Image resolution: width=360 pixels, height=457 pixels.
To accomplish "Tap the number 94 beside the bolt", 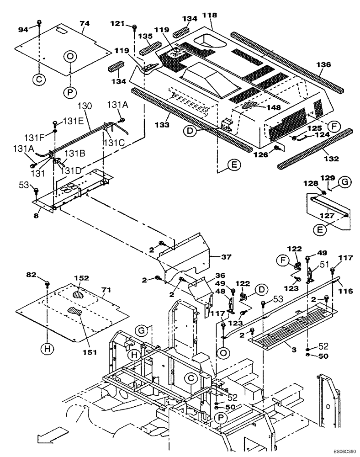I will tap(23, 30).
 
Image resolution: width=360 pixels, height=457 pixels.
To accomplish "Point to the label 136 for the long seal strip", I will tap(323, 65).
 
